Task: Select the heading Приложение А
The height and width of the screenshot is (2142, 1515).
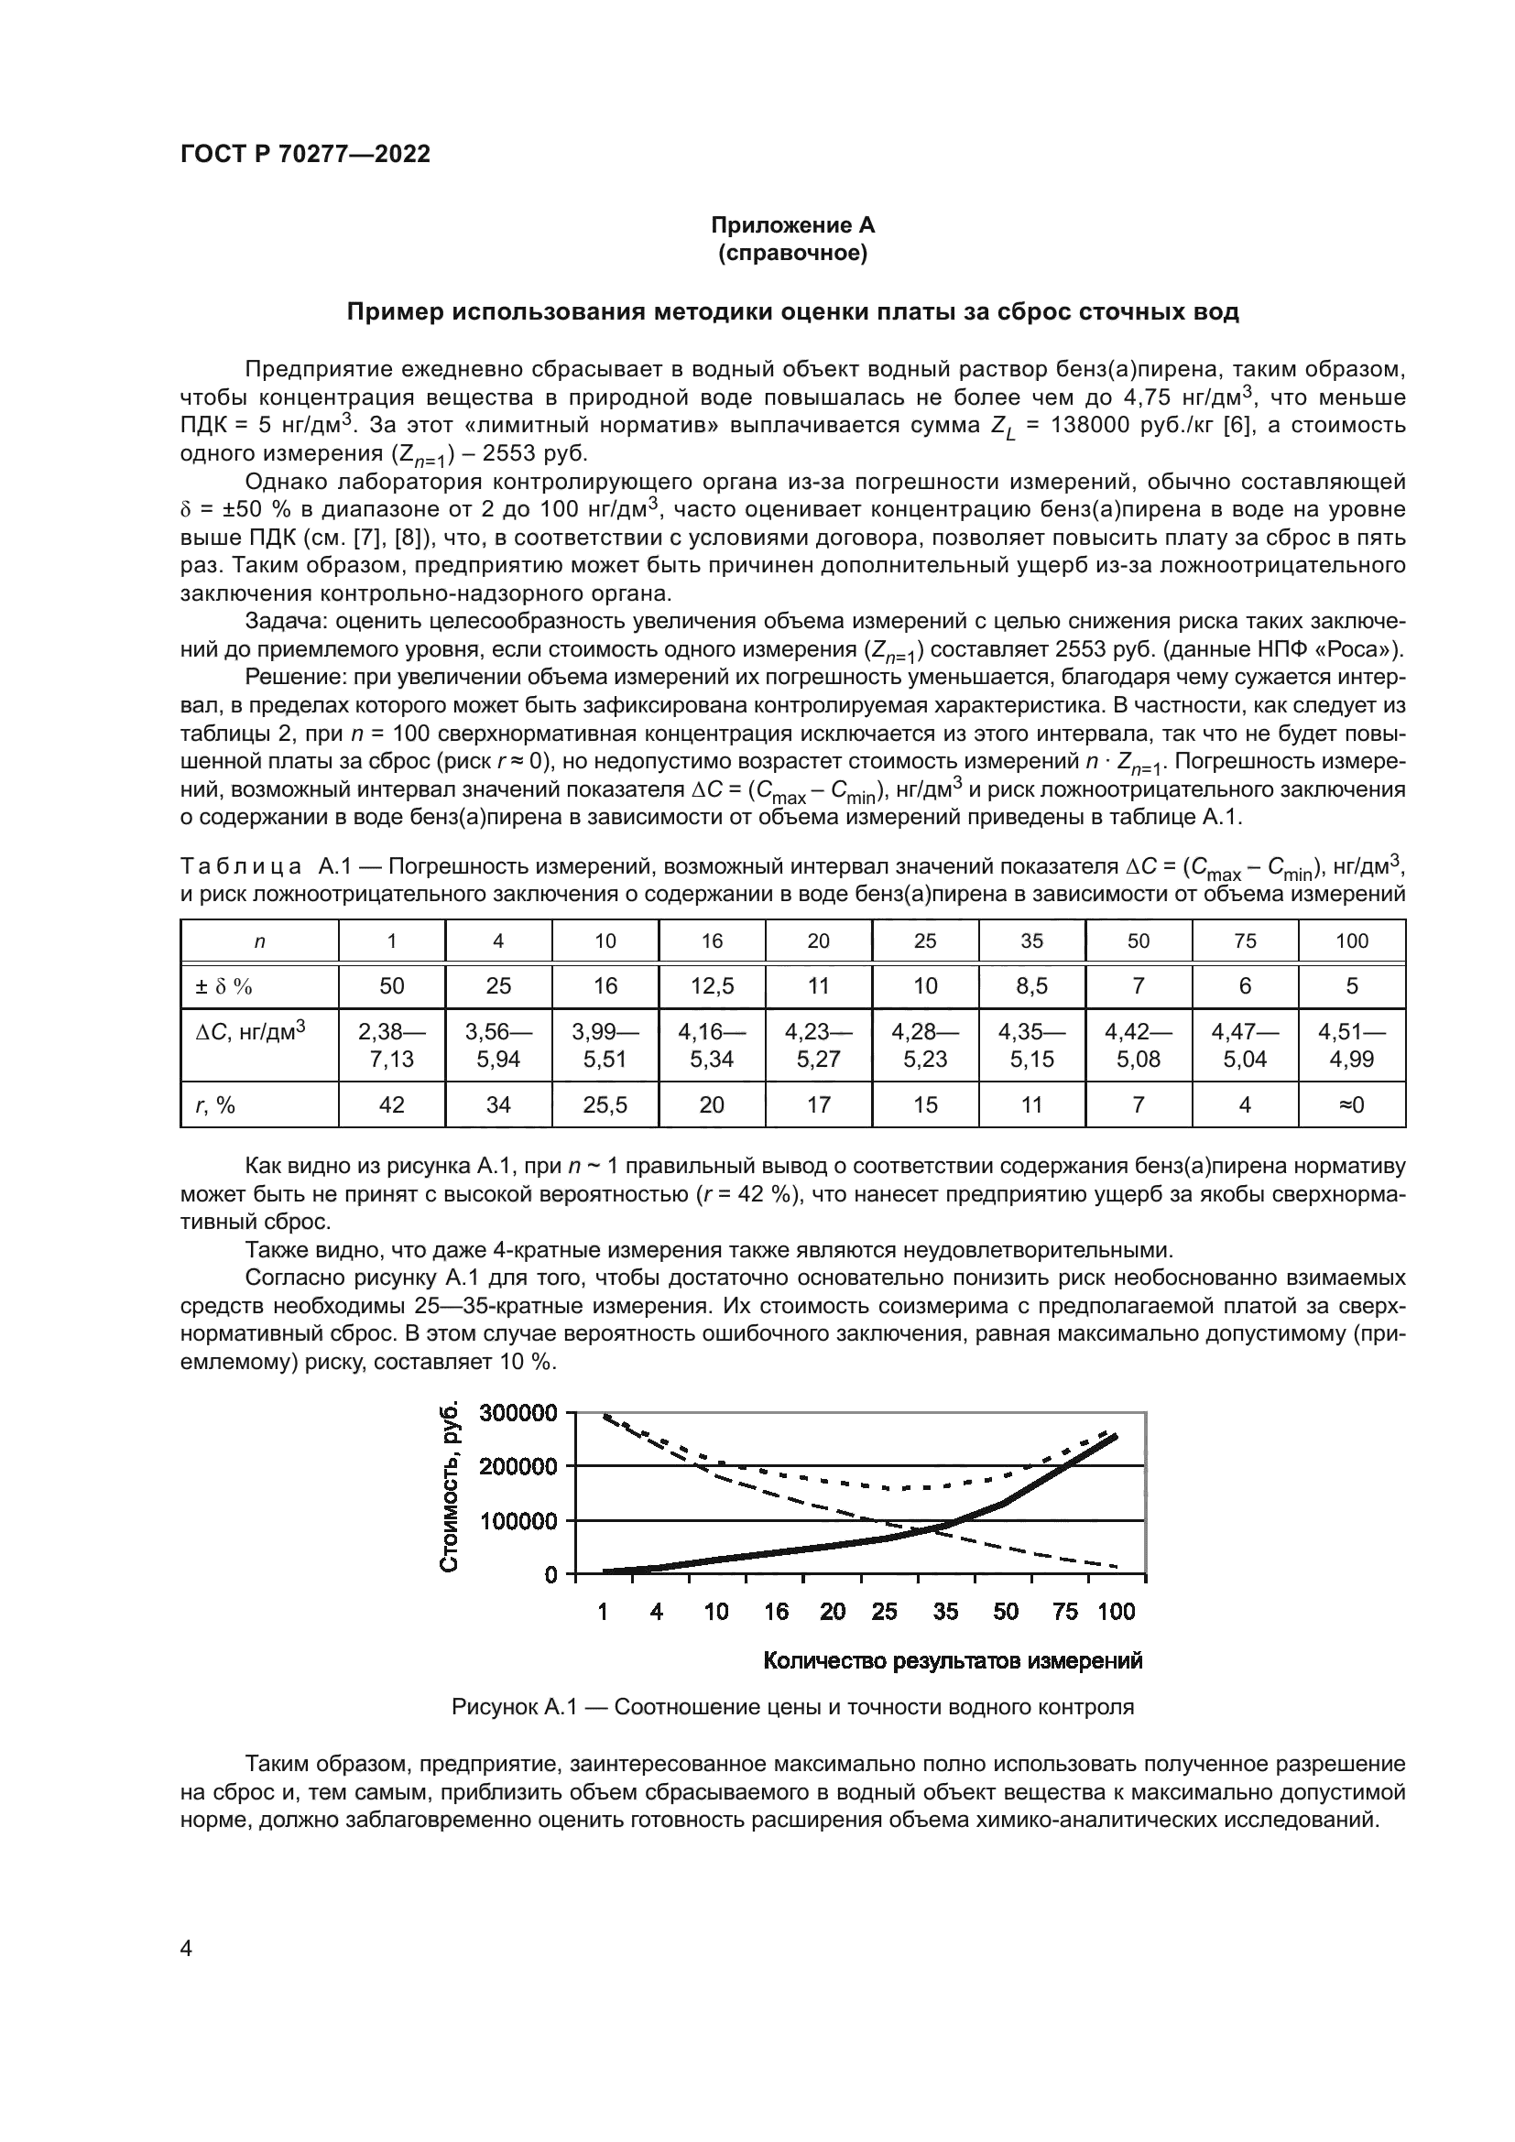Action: [792, 225]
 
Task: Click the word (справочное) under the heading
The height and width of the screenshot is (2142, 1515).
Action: [792, 253]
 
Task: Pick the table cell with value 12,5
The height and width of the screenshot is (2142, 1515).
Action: [712, 986]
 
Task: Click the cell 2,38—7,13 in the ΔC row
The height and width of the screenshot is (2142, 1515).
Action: [392, 1045]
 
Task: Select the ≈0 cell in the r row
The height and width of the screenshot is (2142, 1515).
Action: [1352, 1104]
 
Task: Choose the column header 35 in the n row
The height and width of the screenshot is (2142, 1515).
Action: [1031, 941]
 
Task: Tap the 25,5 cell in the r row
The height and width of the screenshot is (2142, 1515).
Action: [605, 1104]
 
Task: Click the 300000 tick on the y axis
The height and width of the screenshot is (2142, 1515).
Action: [518, 1412]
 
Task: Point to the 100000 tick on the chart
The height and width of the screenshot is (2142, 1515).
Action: [518, 1521]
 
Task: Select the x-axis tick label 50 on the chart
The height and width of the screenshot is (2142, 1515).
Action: [1006, 1611]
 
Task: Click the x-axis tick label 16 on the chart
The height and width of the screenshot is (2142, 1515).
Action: [775, 1611]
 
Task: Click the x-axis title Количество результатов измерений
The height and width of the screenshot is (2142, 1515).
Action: [953, 1660]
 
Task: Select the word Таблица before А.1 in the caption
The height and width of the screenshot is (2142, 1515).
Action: [241, 866]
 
